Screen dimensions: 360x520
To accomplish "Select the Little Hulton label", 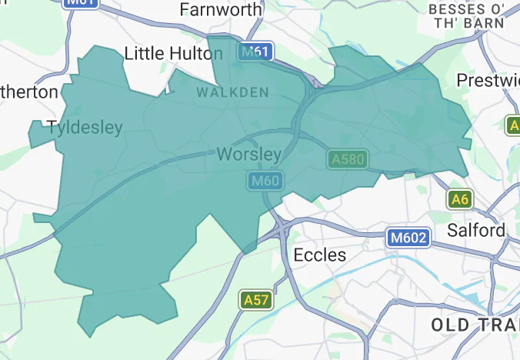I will point(173,53).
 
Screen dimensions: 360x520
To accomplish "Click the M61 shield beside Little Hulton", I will point(255,52).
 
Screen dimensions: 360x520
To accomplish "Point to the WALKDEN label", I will point(233,92).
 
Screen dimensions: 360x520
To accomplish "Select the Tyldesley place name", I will point(85,128).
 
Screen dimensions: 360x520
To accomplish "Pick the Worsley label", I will point(248,155).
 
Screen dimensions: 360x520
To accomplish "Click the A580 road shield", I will point(347,159).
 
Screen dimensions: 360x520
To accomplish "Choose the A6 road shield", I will point(459,199).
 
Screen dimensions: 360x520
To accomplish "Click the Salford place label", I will point(476,230).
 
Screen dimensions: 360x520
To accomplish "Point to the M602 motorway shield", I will point(407,238).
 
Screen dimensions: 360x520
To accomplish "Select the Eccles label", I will point(320,255).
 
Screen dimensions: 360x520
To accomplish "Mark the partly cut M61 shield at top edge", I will point(81,2).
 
